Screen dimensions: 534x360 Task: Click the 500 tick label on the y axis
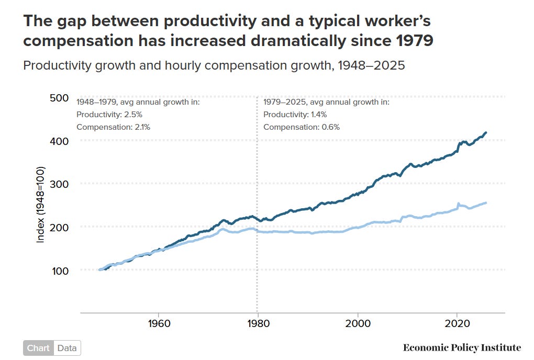pos(59,98)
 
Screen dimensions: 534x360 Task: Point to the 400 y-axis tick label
pos(59,141)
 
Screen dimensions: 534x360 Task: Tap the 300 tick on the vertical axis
pos(59,184)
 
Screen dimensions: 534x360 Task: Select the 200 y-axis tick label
pos(59,227)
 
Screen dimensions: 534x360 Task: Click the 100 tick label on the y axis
pos(60,271)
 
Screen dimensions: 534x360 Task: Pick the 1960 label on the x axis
pos(159,323)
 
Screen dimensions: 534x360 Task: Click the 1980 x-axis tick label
pos(259,323)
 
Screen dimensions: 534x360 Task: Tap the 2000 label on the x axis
pos(358,323)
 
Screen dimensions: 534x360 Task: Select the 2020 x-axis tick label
pos(458,323)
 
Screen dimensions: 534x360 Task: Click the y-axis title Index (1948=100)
pos(40,205)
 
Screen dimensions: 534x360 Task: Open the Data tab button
pos(67,348)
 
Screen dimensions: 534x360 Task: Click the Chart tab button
pos(39,348)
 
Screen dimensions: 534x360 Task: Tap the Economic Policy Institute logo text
pos(462,347)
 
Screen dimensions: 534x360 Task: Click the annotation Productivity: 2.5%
pos(109,115)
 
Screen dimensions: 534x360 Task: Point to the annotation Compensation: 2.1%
pos(114,127)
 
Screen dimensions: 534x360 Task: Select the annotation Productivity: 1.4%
pos(295,115)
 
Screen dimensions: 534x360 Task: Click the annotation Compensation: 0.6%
pos(302,127)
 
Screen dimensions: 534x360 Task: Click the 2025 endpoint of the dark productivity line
pos(486,132)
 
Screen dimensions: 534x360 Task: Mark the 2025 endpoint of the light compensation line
pos(486,203)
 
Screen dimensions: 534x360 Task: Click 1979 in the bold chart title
pos(415,41)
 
